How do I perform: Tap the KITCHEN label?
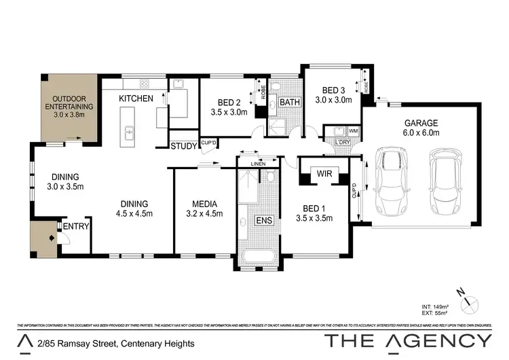(x=136, y=98)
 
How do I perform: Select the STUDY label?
(x=183, y=145)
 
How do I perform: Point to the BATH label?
(x=290, y=103)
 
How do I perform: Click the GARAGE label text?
(x=421, y=123)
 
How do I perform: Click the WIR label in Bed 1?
(x=324, y=174)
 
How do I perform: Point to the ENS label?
(x=263, y=220)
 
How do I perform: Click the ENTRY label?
(x=76, y=226)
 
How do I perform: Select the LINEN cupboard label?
(x=257, y=164)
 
